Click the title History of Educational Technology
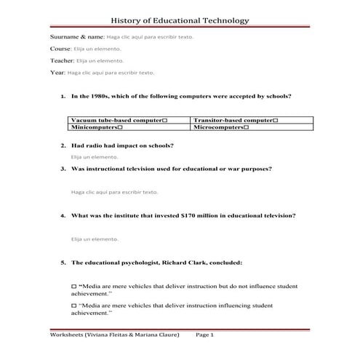180,22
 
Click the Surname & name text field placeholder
150,36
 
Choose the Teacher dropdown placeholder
100,61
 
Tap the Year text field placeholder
111,73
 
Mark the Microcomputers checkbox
247,127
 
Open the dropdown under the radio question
94,156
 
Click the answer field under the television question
114,192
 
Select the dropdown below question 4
94,239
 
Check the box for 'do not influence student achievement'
73,287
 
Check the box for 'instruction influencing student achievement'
73,306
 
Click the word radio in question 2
92,145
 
